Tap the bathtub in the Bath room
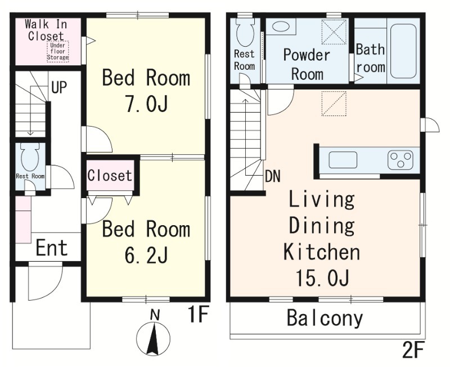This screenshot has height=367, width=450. pos(403,51)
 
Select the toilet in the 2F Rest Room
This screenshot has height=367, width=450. pos(245,32)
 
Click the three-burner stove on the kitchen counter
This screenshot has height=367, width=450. pos(400,160)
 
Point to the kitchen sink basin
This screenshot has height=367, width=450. pos(343,160)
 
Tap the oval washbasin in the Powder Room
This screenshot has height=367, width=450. pos(280,26)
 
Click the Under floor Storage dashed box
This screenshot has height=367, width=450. pos(58,51)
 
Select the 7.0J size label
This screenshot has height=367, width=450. pos(146,104)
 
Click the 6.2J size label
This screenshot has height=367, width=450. pos(146,256)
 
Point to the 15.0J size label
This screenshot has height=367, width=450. pos(322,278)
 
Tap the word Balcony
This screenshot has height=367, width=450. pos(325,318)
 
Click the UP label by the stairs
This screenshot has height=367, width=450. pos(59,87)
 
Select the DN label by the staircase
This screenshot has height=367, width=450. pos(273,176)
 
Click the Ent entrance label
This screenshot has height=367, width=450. pos(52,248)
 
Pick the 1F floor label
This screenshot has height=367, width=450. pos(198,315)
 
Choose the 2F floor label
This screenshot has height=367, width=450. pos(413,350)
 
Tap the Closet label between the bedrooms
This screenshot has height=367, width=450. pos(109,175)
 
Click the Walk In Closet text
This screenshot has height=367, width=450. pos(46,30)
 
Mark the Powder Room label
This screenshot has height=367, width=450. pos(307,65)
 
